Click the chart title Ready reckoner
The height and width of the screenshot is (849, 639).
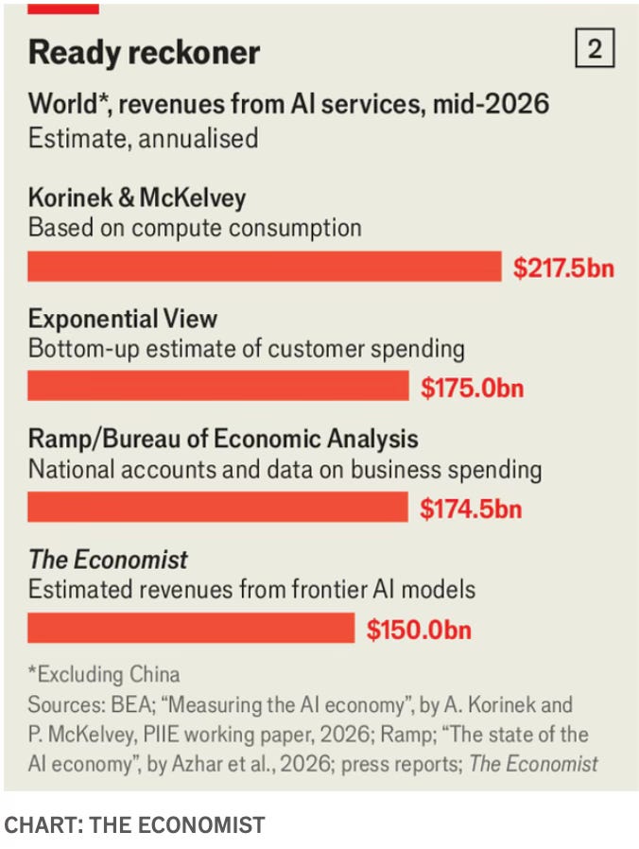tap(144, 53)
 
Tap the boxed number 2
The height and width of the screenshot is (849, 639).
tap(595, 48)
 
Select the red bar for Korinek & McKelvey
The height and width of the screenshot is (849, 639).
tap(265, 267)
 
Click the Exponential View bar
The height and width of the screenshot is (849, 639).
tap(218, 386)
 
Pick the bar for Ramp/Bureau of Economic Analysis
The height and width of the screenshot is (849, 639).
tap(217, 507)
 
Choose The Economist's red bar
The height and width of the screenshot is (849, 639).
tap(191, 628)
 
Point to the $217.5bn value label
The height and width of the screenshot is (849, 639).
tap(563, 268)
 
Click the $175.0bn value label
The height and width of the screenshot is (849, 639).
tap(473, 388)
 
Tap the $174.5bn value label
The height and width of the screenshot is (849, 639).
tap(471, 509)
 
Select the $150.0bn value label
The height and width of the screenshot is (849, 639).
tap(419, 630)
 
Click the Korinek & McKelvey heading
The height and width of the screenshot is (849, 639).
tap(137, 198)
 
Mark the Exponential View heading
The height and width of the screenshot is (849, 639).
tap(123, 319)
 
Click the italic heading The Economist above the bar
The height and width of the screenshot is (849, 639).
tap(109, 560)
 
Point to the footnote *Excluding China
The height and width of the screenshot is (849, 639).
tap(104, 675)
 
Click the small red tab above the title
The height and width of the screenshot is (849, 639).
tap(63, 9)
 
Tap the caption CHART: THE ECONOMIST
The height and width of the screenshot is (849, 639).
tap(134, 825)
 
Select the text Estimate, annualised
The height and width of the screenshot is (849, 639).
tap(143, 139)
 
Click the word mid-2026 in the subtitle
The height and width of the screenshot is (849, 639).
tap(492, 103)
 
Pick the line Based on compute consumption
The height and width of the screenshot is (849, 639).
tap(195, 228)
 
